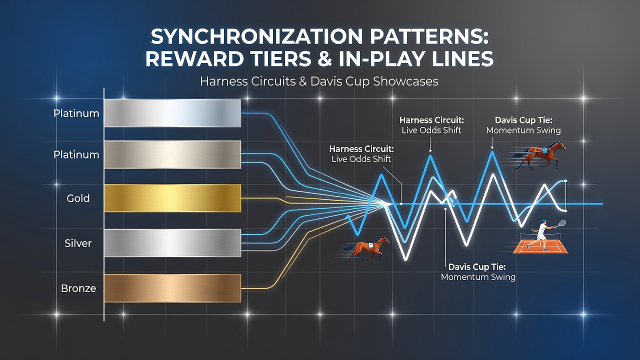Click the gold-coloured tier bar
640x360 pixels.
pyautogui.click(x=172, y=198)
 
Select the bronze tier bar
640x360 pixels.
pyautogui.click(x=172, y=288)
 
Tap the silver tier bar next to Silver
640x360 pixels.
pyautogui.click(x=172, y=243)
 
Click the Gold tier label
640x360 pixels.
pyautogui.click(x=78, y=198)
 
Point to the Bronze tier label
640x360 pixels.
pyautogui.click(x=78, y=288)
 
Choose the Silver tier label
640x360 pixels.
pyautogui.click(x=78, y=243)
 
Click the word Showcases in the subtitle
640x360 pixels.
pyautogui.click(x=405, y=81)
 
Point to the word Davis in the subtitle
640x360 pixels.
pyautogui.click(x=325, y=81)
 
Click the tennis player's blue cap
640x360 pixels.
pyautogui.click(x=543, y=221)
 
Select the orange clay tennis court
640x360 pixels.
pyautogui.click(x=540, y=247)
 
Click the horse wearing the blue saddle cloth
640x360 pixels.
pyautogui.click(x=540, y=155)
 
